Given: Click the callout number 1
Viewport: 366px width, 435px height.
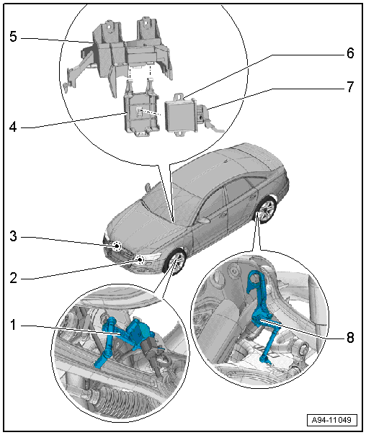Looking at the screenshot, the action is [x=13, y=325].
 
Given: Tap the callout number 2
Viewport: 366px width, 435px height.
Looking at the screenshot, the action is [x=13, y=278].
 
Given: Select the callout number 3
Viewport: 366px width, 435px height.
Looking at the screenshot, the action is [x=13, y=236].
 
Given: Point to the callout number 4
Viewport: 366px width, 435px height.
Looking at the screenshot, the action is [x=13, y=127].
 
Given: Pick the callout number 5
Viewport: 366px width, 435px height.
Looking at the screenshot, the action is [x=13, y=37].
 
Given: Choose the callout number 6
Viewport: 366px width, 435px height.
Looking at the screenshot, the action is [x=350, y=53].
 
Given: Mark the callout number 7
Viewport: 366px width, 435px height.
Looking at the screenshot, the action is [x=350, y=87].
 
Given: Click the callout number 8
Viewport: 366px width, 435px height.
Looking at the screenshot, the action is [x=350, y=338].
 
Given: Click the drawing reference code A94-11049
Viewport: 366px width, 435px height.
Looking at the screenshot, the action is [x=331, y=420].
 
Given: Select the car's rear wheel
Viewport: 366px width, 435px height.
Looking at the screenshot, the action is [x=266, y=210].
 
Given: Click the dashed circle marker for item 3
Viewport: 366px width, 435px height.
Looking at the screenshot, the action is [x=117, y=246].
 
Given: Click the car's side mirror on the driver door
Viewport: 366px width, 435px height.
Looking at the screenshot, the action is [x=204, y=220].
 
